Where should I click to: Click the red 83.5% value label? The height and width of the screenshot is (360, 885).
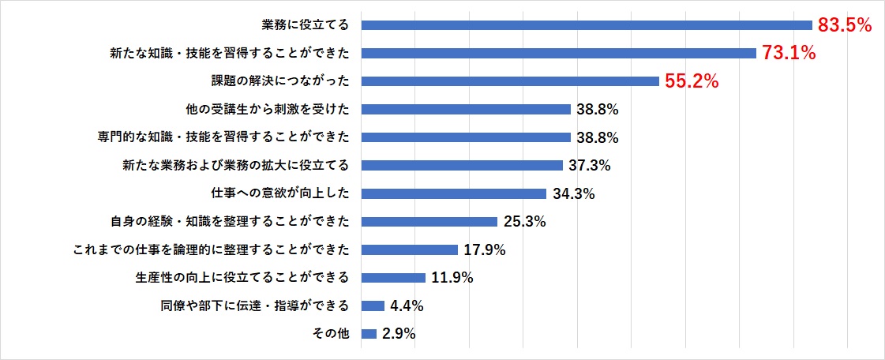tap(844, 25)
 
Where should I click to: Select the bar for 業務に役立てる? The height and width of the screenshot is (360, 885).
tap(587, 25)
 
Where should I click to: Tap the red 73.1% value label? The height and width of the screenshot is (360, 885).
tap(788, 54)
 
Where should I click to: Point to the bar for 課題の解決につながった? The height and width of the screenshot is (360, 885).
tap(510, 81)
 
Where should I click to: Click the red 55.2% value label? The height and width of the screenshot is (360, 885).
tap(691, 81)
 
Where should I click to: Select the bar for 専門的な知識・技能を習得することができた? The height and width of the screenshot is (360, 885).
tap(466, 137)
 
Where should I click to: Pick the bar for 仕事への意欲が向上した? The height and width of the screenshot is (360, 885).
tap(454, 193)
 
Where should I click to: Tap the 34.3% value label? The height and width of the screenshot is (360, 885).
tap(572, 193)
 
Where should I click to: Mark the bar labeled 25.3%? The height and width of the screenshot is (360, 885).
tap(429, 222)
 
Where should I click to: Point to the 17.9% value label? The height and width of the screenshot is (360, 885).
tap(484, 250)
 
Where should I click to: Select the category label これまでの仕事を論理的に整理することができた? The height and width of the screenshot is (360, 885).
tap(211, 250)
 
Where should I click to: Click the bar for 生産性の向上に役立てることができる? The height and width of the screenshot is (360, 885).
tap(393, 278)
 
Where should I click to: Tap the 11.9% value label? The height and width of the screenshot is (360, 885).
tap(452, 278)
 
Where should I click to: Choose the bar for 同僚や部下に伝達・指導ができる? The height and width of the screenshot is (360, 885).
tap(373, 306)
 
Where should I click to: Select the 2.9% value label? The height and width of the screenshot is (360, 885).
tap(399, 334)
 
